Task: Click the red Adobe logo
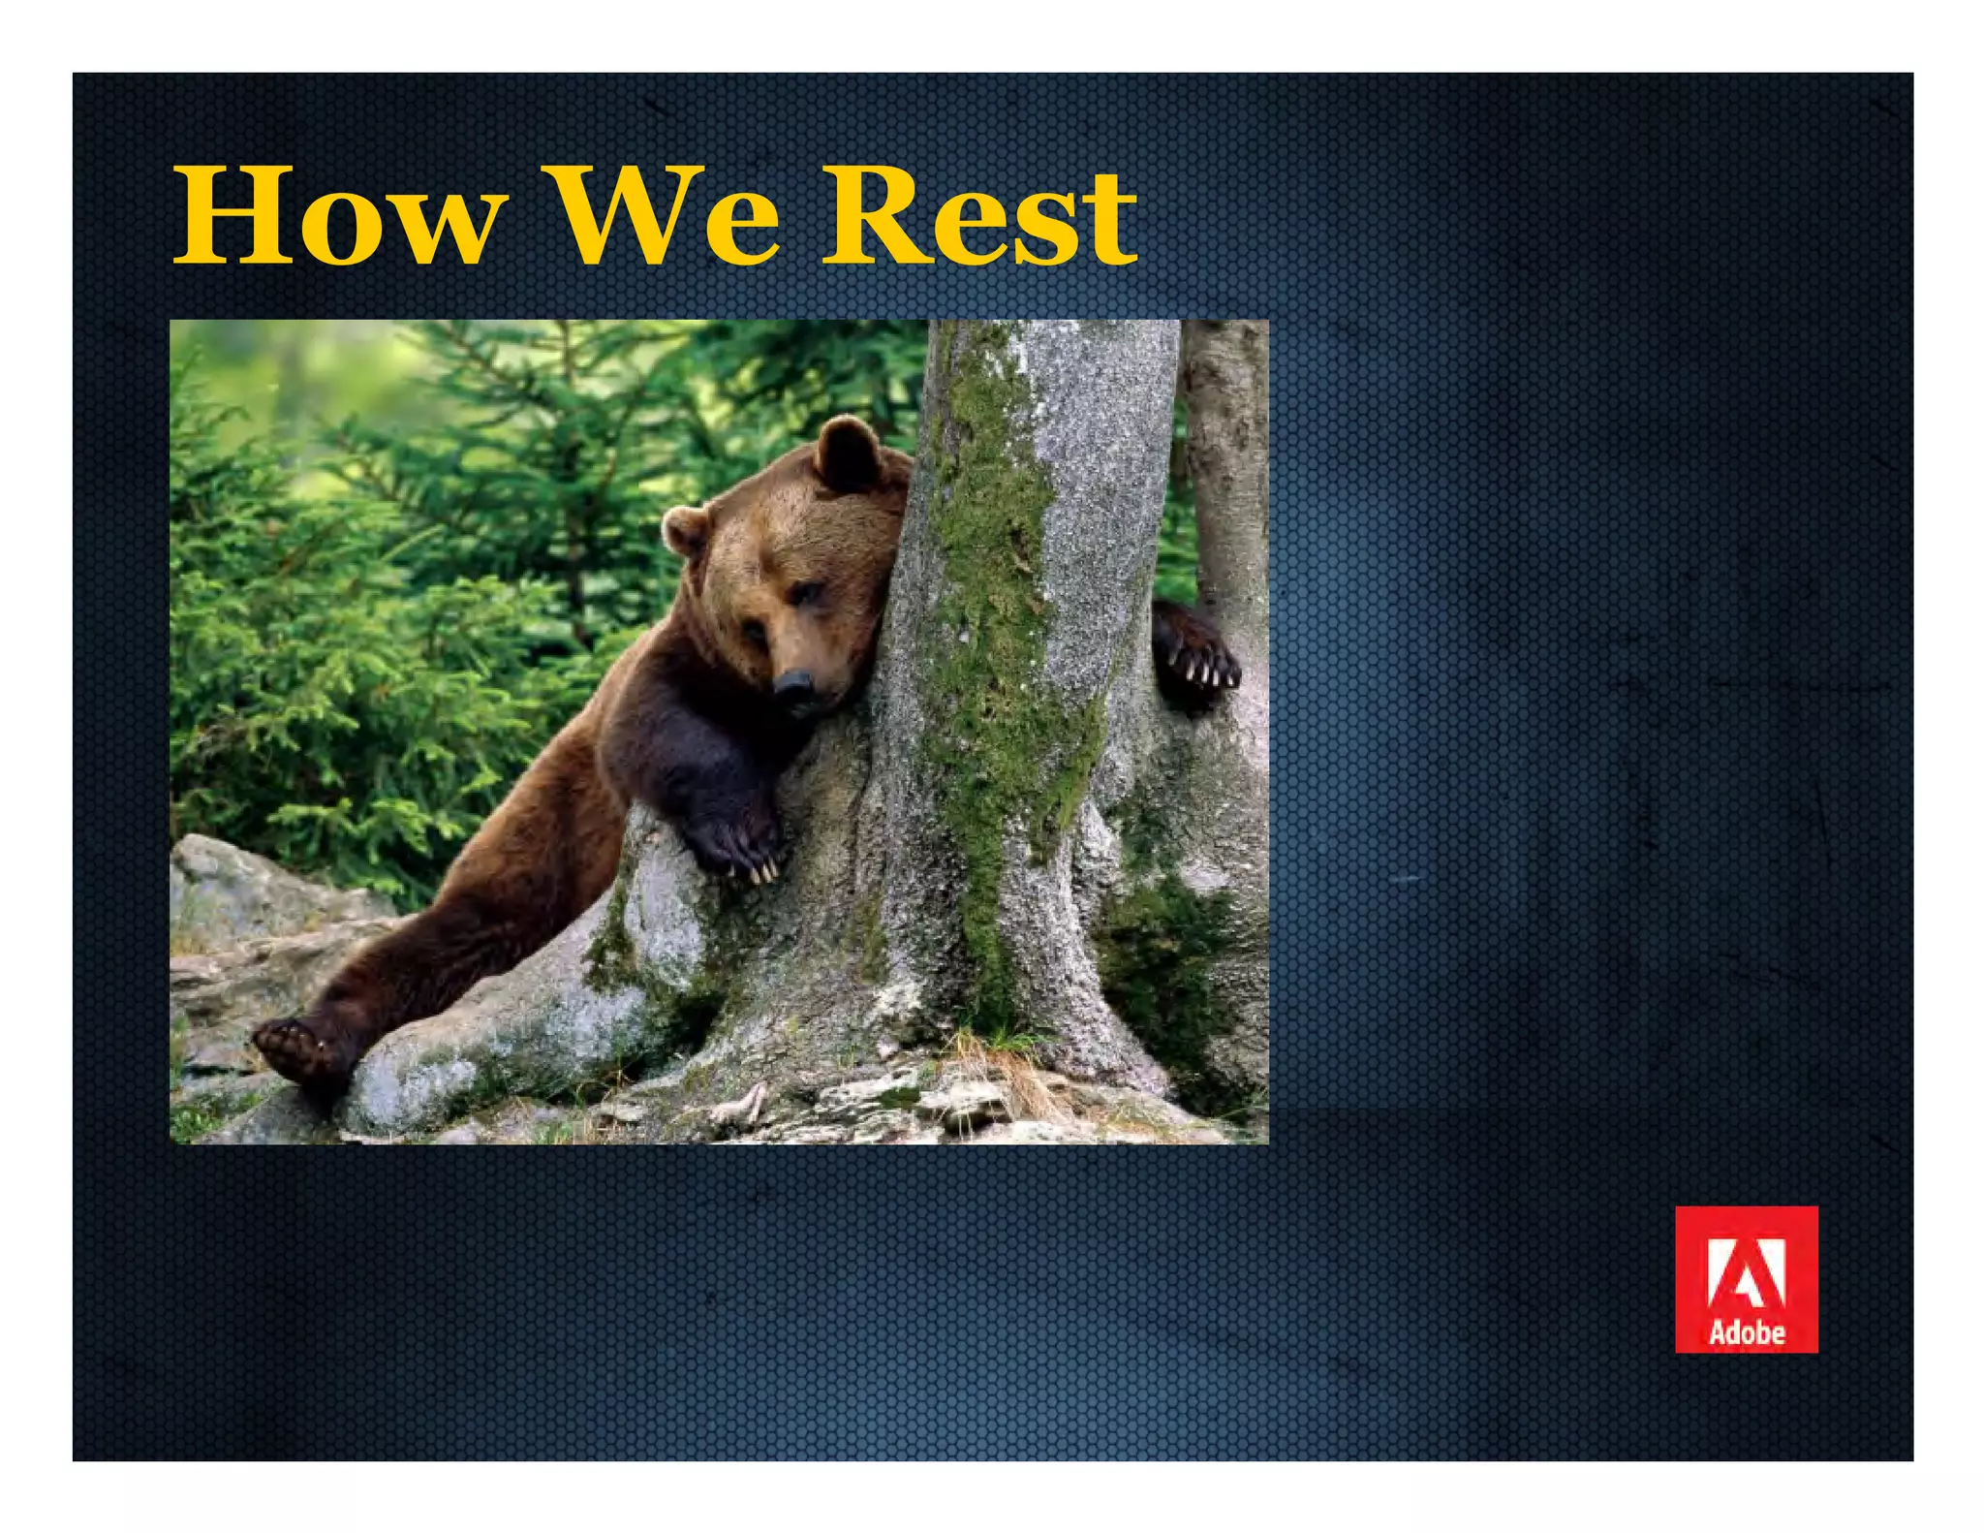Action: click(1746, 1278)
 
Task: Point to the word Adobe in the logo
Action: click(1746, 1332)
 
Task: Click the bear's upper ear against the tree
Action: click(847, 454)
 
